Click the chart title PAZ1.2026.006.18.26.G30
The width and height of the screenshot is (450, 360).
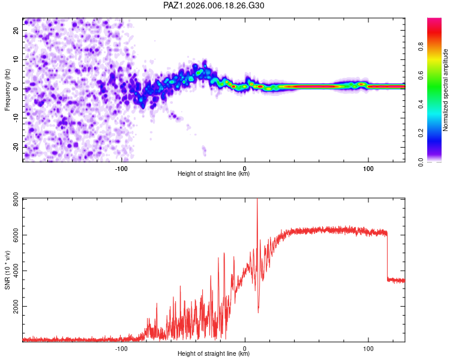(214, 5)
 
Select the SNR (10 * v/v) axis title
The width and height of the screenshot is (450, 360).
(8, 270)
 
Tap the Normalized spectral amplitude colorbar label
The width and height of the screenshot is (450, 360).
(446, 90)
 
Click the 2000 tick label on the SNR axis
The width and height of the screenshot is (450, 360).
(13, 306)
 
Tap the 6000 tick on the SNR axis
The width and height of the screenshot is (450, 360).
(13, 237)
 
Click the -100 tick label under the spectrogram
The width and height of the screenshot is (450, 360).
(122, 168)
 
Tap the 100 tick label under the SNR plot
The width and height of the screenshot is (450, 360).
(368, 348)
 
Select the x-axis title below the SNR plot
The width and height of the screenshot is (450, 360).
(214, 354)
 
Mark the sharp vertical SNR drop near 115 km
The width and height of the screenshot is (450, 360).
(387, 255)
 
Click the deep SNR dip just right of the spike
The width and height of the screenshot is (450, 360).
(259, 311)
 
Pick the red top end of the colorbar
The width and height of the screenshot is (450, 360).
(434, 20)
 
